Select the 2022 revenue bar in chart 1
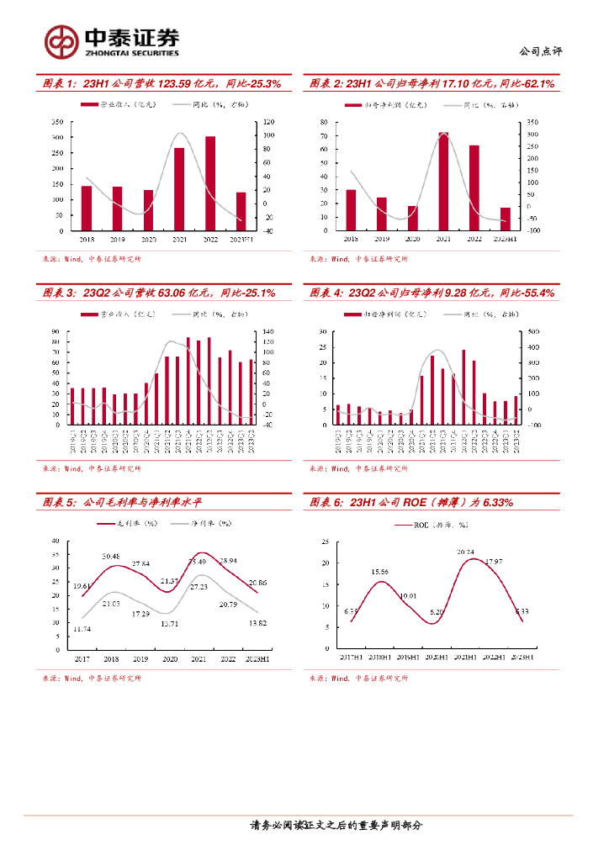210,183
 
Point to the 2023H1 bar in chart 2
505,219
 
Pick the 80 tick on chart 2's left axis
325,123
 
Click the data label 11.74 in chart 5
82,629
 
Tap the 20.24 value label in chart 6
466,552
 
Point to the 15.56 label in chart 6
380,572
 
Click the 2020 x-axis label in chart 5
170,660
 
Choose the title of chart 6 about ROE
412,503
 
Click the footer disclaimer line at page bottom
336,826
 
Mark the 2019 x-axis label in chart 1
118,239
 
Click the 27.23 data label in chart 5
199,586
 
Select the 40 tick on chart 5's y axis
56,541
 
